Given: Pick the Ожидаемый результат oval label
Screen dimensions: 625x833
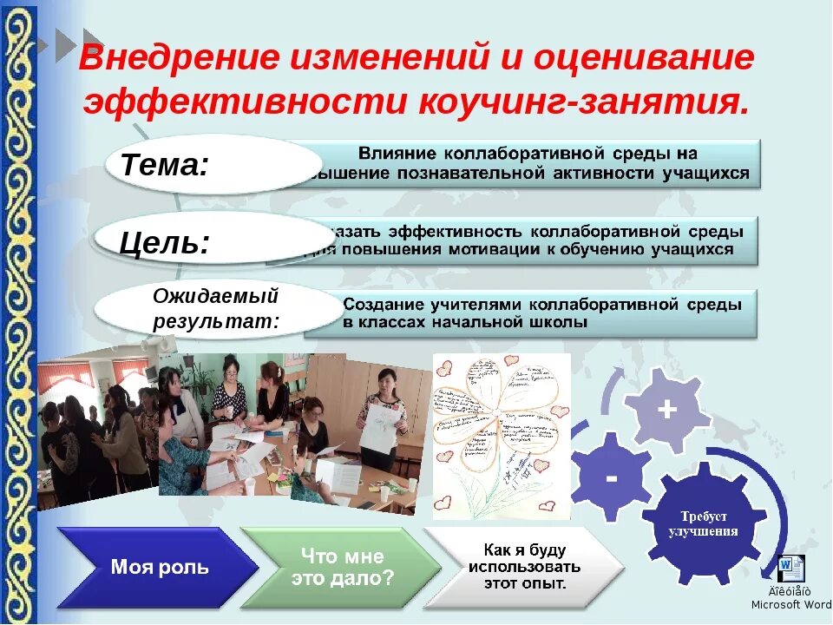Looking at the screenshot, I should (x=216, y=308).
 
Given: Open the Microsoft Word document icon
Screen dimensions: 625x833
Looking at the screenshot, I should (x=791, y=569).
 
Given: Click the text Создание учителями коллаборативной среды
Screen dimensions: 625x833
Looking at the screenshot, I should (x=542, y=305).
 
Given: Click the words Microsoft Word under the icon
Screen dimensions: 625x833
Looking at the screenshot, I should (x=790, y=604).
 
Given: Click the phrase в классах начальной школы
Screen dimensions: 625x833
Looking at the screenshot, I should (x=465, y=322).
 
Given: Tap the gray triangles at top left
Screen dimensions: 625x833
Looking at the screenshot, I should (x=69, y=43).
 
